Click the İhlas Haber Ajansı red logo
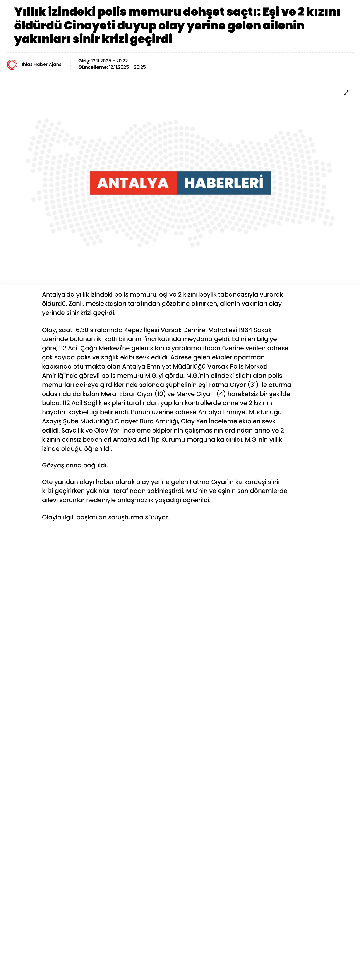tap(12, 65)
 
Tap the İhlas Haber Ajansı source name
tap(42, 64)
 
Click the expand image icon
tap(346, 93)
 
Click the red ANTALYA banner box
tap(133, 183)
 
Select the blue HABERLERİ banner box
tap(224, 183)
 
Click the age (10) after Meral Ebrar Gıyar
tap(160, 394)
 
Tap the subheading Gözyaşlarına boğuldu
tap(75, 465)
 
